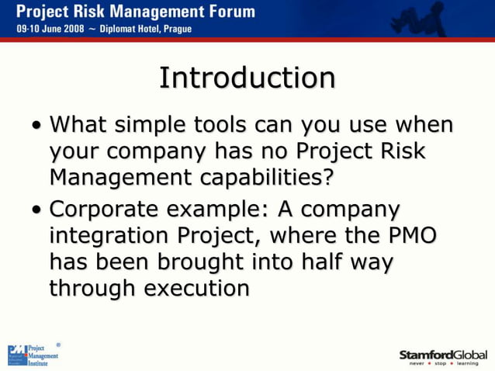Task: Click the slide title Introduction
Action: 247,78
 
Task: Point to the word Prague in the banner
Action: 175,29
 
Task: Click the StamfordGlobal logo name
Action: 443,354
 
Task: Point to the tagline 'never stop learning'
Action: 444,363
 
